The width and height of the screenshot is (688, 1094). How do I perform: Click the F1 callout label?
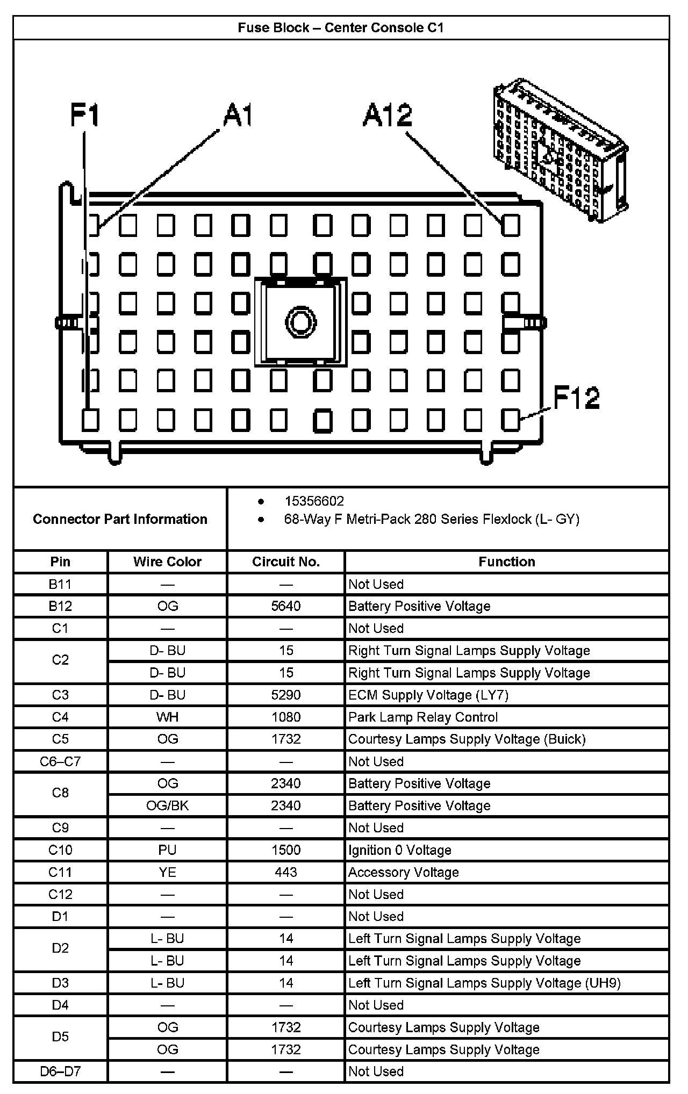[85, 115]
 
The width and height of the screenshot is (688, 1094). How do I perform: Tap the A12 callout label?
[387, 115]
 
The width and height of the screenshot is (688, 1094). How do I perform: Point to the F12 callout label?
[576, 398]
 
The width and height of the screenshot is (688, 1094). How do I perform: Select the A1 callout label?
[238, 115]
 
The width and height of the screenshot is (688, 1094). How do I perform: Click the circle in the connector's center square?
[300, 322]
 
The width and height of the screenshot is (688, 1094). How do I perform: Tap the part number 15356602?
[314, 501]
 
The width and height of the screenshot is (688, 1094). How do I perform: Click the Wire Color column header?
[167, 562]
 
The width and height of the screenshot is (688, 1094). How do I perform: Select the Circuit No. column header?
[286, 562]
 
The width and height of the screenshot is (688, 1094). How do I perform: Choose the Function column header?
[507, 562]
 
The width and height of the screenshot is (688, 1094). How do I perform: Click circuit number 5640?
[286, 606]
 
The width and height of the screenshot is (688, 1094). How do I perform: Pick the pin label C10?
[60, 850]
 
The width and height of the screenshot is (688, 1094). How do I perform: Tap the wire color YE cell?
[167, 872]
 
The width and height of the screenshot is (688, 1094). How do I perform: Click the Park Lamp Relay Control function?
[423, 717]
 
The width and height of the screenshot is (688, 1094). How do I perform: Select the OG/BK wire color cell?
[167, 805]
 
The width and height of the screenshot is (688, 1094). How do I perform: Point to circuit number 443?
[286, 872]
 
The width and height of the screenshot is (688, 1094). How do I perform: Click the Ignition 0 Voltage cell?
[400, 850]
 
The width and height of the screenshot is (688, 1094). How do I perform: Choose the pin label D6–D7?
[60, 1071]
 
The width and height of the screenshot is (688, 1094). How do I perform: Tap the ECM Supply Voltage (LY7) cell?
[428, 695]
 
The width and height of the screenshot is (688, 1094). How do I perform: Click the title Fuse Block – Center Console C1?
[341, 28]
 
